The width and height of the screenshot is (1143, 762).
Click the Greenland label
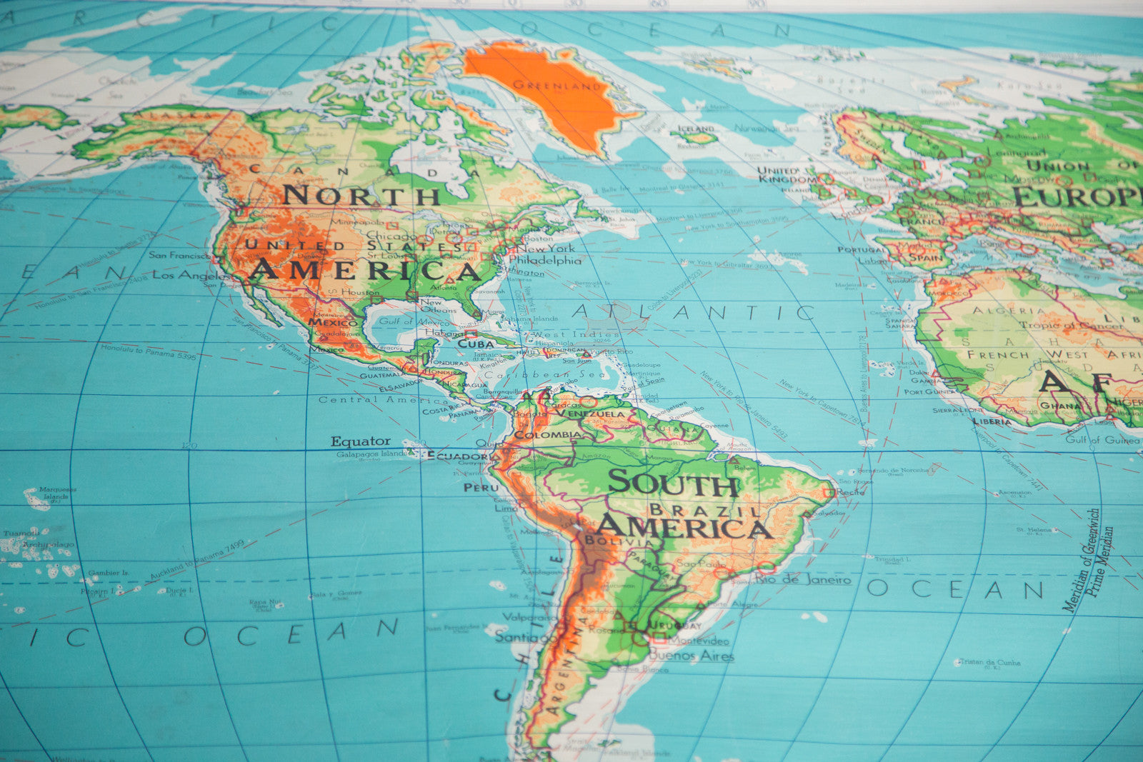[557, 86]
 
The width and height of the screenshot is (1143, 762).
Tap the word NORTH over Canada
[361, 195]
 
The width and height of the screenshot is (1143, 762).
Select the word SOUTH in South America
[674, 484]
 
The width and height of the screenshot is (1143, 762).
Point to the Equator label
[360, 441]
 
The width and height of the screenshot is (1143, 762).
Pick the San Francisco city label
[179, 255]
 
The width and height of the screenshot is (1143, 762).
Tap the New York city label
[546, 249]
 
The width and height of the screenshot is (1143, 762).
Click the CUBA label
[476, 344]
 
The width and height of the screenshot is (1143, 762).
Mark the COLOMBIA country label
[548, 434]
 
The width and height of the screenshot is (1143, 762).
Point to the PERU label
[481, 487]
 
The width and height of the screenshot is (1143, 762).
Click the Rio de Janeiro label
[804, 579]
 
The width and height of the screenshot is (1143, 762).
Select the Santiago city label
[526, 636]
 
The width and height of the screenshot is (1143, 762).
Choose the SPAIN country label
[925, 257]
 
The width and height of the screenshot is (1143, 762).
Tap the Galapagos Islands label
[371, 454]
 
